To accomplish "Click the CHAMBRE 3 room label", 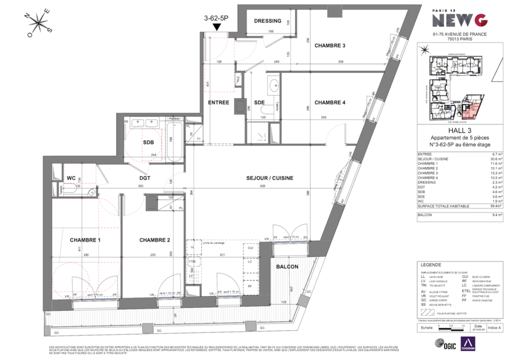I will click(330, 46).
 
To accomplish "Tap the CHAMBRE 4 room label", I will click(330, 102).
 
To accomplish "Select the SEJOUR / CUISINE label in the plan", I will click(270, 178).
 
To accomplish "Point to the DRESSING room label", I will click(268, 21).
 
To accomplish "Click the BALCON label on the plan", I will click(288, 267).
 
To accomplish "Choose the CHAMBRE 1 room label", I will click(85, 240).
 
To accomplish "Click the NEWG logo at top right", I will click(460, 19).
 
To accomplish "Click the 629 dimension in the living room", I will click(270, 186).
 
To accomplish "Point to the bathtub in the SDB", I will click(175, 142).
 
